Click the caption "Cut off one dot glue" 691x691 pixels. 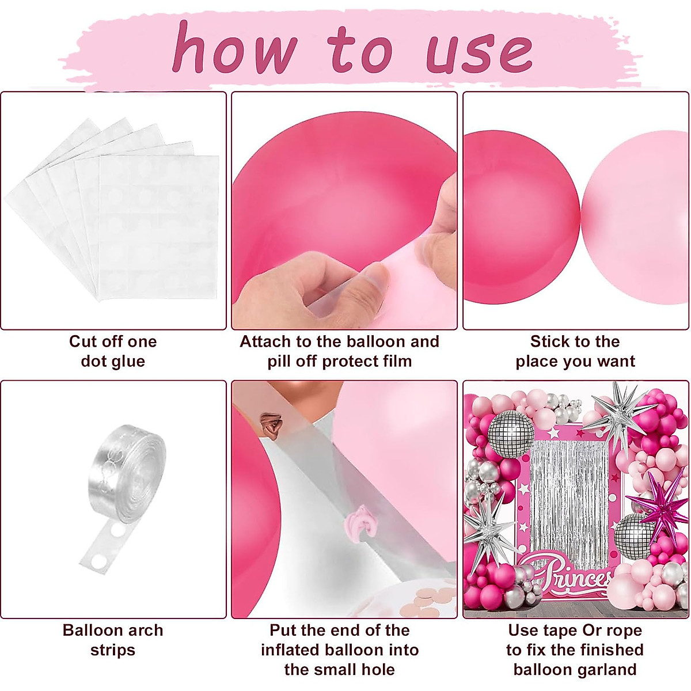tap(113, 351)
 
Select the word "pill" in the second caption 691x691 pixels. tap(280, 362)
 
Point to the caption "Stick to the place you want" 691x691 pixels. tap(575, 351)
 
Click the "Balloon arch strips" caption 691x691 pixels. tap(113, 640)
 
